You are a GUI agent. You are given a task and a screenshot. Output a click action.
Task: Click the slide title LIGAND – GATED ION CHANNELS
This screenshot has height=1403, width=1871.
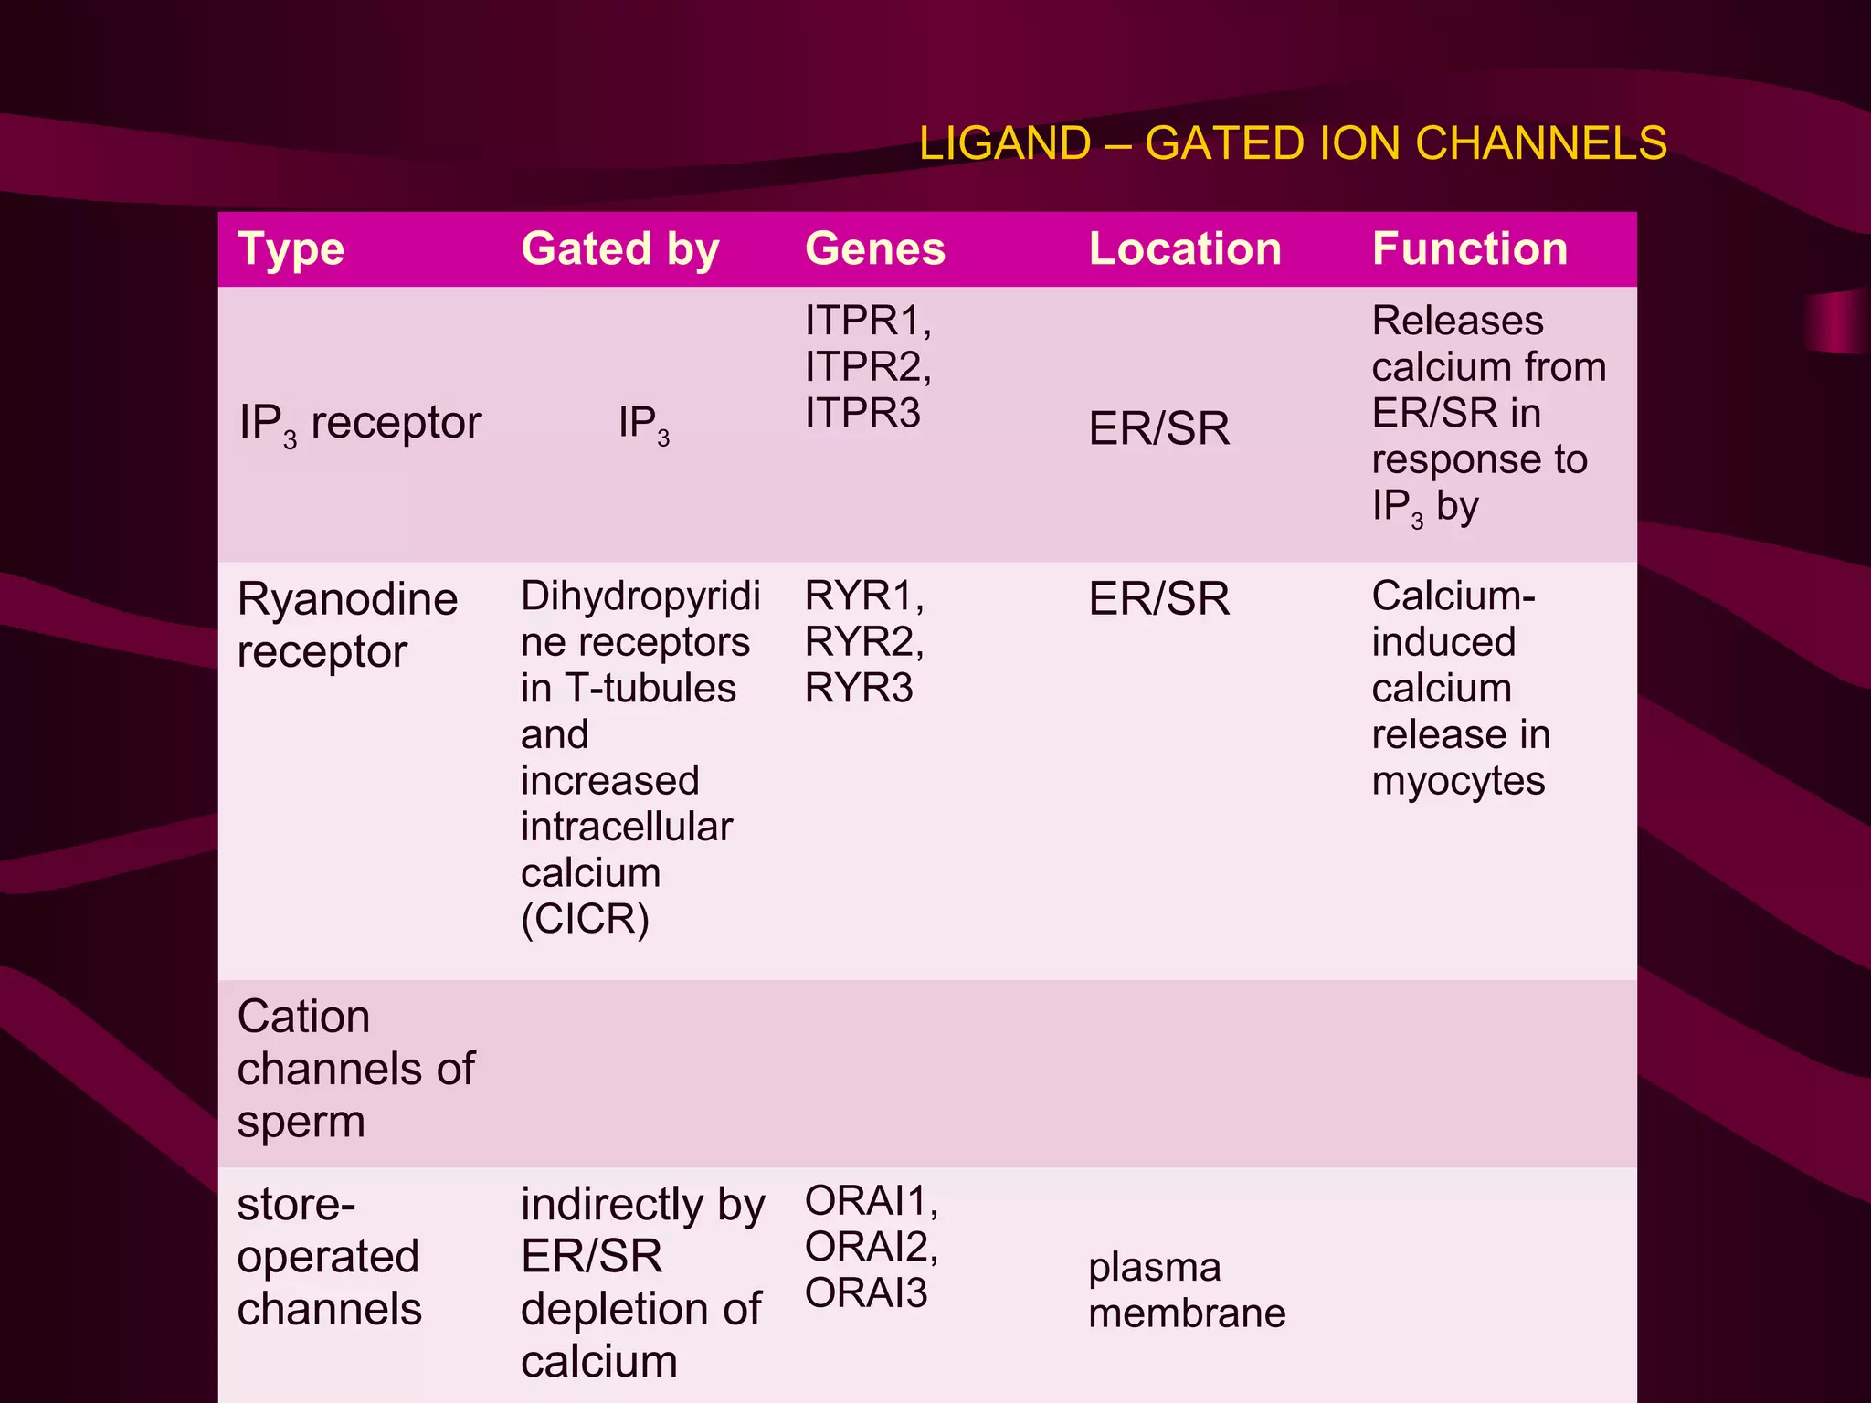(1292, 143)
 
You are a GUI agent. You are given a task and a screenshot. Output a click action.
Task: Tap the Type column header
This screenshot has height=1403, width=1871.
(291, 249)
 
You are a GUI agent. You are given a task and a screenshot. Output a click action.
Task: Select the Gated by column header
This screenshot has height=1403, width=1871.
(620, 249)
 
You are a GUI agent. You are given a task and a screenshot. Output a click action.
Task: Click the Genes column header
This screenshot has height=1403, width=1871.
(874, 249)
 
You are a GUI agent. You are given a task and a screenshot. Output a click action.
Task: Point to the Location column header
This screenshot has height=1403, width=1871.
(1185, 249)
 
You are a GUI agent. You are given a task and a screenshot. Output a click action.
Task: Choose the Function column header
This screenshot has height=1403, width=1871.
(1469, 249)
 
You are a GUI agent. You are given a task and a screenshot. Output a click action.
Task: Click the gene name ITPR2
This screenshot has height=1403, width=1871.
(866, 367)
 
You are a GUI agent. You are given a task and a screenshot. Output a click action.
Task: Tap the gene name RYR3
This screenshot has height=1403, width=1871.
(858, 688)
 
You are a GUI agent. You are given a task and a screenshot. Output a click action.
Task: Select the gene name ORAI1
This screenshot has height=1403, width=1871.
(870, 1200)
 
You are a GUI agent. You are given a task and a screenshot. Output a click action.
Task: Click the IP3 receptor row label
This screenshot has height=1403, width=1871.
(360, 424)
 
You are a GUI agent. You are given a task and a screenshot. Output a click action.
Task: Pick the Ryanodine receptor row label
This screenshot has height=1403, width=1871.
(347, 625)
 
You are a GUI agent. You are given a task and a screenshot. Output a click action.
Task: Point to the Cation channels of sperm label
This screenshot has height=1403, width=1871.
(355, 1068)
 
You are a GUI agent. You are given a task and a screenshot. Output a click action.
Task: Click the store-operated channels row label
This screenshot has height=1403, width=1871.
(329, 1256)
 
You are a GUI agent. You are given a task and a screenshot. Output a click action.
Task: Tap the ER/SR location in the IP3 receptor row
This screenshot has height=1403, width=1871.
(1158, 428)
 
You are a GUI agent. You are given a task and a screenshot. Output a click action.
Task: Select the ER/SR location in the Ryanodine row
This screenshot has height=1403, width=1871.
(1158, 599)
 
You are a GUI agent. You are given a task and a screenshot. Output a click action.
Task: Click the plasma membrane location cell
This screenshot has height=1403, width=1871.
(1186, 1290)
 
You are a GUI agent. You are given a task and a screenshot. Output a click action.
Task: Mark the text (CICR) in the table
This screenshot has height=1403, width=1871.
(585, 919)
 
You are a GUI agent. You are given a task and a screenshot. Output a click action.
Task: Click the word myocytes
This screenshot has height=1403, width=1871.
(1457, 781)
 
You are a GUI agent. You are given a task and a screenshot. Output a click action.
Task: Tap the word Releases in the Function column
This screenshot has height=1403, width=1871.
(1457, 321)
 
